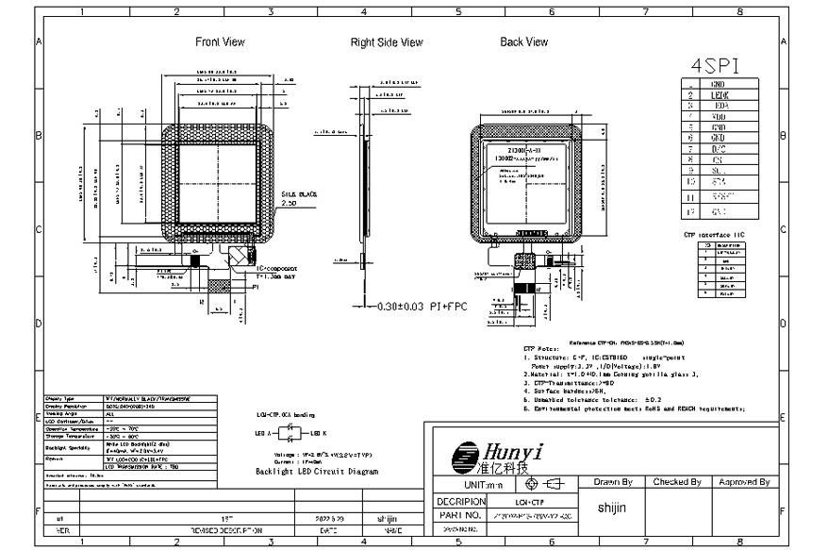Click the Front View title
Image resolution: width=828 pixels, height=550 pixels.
[220, 42]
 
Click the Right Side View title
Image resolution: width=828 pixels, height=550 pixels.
[387, 42]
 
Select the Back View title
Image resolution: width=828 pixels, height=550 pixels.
[523, 42]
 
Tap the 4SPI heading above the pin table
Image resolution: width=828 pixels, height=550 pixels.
[714, 66]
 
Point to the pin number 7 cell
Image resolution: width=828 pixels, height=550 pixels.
[691, 148]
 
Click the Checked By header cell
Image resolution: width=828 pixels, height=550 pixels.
[676, 482]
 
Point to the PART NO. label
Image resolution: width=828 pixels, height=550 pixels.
[461, 516]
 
